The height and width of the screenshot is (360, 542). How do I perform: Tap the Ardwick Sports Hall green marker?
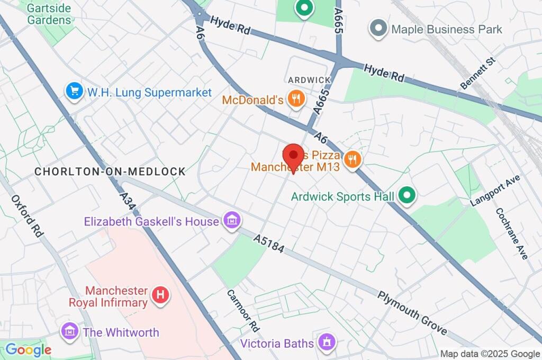pyautogui.click(x=406, y=196)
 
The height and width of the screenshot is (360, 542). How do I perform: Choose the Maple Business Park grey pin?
pyautogui.click(x=378, y=29)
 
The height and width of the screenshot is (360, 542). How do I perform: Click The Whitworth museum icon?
pyautogui.click(x=69, y=332)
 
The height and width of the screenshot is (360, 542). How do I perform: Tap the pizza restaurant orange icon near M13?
pyautogui.click(x=352, y=159)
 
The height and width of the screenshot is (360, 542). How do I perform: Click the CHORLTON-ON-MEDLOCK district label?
pyautogui.click(x=110, y=172)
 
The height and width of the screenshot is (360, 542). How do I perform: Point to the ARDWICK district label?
pyautogui.click(x=309, y=80)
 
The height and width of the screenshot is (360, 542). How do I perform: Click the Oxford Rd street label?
pyautogui.click(x=26, y=216)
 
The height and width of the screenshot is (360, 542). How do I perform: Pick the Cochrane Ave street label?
pyautogui.click(x=512, y=233)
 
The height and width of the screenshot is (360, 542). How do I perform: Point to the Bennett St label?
pyautogui.click(x=477, y=74)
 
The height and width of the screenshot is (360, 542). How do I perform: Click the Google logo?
pyautogui.click(x=28, y=349)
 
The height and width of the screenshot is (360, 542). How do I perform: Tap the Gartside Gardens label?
pyautogui.click(x=49, y=14)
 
